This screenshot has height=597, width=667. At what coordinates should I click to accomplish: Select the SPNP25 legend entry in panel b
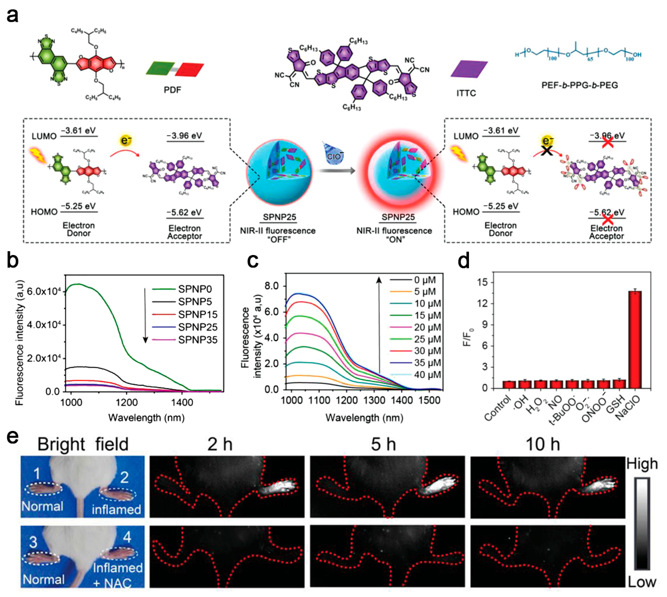click(x=197, y=327)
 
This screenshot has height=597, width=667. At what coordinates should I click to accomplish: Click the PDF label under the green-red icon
click(x=173, y=90)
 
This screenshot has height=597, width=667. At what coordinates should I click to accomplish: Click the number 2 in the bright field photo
click(x=124, y=477)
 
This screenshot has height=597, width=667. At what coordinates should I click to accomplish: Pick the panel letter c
click(x=253, y=261)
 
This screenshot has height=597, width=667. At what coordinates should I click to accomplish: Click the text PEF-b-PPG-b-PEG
click(x=579, y=85)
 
